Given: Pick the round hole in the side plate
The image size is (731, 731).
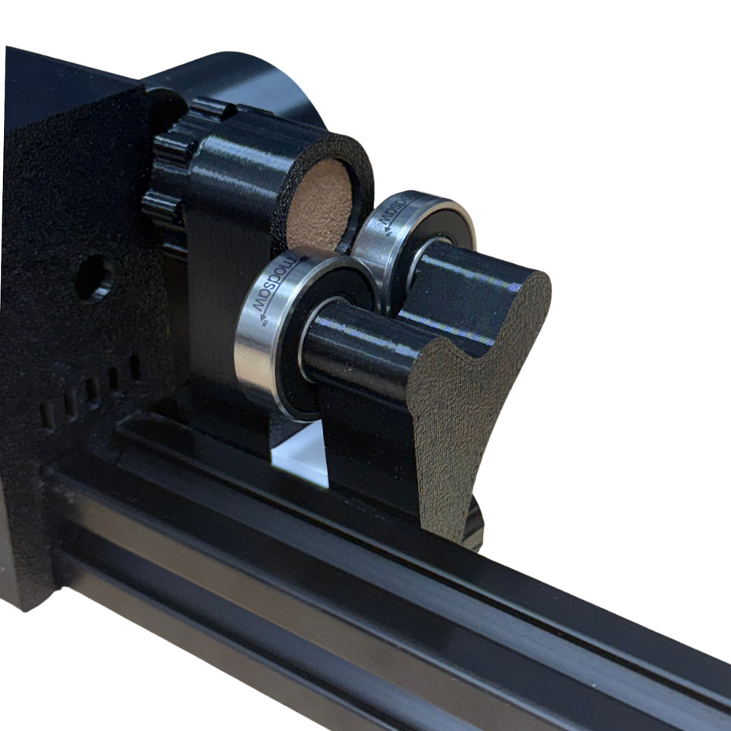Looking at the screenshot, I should click(x=93, y=278).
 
